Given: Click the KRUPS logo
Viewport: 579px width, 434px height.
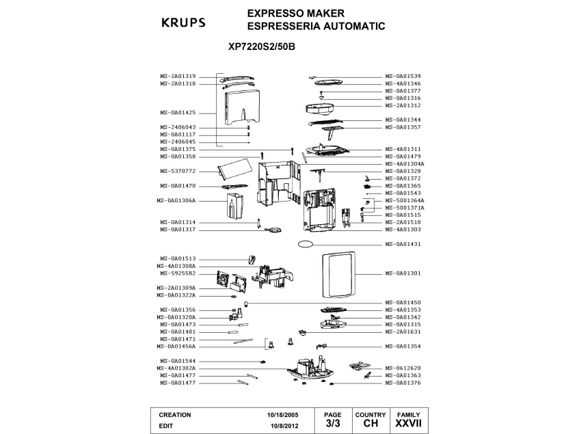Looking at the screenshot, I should (183, 23).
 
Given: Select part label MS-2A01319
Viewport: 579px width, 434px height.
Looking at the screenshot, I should (178, 76).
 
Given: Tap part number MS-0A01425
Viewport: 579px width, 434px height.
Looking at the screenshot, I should (178, 112).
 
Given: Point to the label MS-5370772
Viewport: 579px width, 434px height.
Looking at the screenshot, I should (178, 171).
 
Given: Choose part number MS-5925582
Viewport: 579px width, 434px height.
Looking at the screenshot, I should (178, 273).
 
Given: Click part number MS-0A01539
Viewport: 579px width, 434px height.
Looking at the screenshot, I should (403, 76).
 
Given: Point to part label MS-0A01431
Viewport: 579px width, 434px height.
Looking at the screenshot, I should (403, 244).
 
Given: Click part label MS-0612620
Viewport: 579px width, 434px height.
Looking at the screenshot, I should (403, 368).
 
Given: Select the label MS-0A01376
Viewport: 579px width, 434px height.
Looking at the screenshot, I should (403, 383).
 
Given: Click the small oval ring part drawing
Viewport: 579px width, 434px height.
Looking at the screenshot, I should (305, 243).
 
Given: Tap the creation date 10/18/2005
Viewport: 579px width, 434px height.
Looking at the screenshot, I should (282, 415).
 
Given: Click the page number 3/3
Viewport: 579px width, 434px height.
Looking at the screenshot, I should (332, 424).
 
